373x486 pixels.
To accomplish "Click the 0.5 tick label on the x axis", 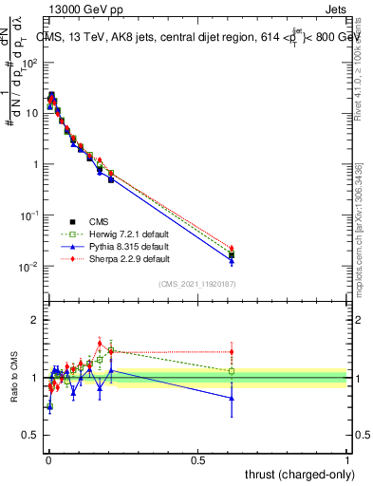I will coord(197,459).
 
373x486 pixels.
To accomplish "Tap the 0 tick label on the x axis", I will coord(47,459).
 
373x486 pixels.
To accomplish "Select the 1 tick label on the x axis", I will coord(346,459).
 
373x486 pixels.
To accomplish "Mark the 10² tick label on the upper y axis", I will coord(29,62).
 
